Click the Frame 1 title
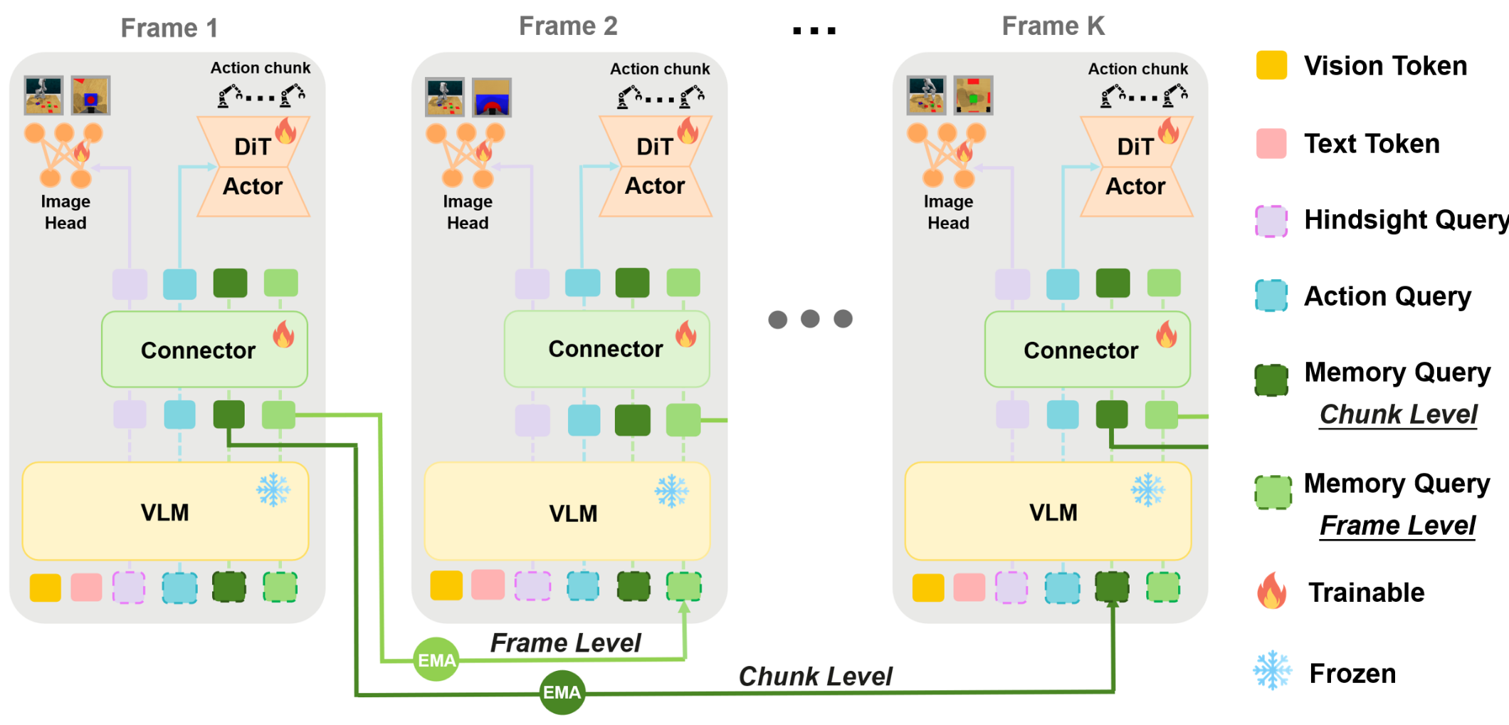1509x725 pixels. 169,28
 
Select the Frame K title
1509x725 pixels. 1053,26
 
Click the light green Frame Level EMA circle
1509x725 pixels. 436,659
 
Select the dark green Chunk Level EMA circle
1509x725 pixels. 562,692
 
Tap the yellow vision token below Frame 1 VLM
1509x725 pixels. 45,588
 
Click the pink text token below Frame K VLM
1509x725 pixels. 969,588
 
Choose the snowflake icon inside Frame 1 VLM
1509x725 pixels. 273,490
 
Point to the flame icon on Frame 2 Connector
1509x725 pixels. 685,333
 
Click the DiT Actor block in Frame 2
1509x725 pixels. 655,167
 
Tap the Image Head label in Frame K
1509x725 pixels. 948,212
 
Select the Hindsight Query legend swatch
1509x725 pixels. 1271,221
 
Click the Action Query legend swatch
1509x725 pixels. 1271,296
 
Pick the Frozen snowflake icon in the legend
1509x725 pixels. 1272,670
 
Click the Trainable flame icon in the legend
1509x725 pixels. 1272,591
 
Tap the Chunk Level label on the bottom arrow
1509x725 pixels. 814,676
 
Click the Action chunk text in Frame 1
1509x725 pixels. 260,68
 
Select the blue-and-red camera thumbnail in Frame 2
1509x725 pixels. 492,98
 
